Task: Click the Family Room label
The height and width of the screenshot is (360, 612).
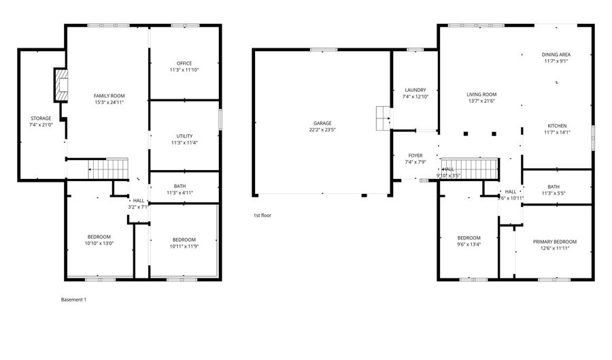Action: tap(109, 95)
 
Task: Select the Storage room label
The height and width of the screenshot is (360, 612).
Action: tap(40, 118)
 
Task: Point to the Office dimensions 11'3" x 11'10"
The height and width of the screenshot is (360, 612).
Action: tap(184, 70)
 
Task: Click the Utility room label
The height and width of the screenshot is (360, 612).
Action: tap(184, 136)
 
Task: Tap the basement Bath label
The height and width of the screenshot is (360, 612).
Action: tap(180, 186)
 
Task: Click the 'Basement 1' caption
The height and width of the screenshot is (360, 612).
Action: tap(74, 299)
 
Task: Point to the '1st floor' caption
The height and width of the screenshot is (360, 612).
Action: tap(262, 215)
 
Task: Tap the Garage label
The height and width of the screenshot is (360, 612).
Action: tap(322, 123)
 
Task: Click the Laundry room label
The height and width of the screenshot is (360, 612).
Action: tap(415, 90)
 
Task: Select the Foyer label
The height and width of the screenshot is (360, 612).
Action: tap(415, 156)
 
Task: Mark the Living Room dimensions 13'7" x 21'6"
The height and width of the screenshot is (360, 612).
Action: tap(481, 101)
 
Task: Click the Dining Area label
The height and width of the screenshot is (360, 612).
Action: tap(556, 54)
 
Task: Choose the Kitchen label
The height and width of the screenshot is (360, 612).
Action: tap(557, 126)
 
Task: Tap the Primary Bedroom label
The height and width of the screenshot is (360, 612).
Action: tap(554, 242)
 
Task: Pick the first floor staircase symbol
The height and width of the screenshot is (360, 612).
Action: tap(469, 167)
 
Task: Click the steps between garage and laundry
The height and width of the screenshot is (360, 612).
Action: tap(383, 118)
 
